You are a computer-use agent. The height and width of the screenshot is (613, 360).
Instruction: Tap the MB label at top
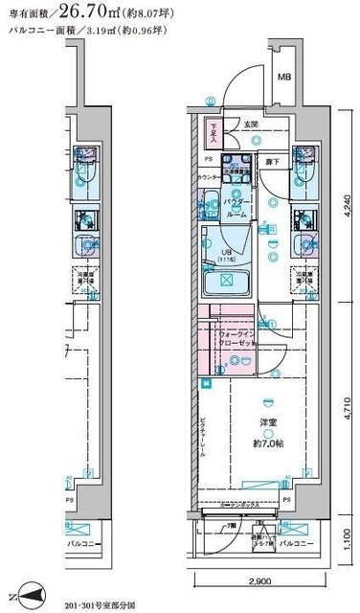coord(284,77)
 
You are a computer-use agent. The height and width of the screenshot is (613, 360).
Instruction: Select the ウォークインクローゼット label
coord(235,338)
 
